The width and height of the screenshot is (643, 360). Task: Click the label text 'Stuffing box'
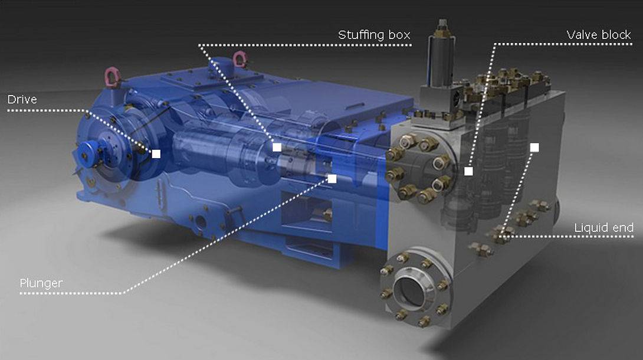point(374,35)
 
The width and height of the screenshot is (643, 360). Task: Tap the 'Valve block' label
point(599,35)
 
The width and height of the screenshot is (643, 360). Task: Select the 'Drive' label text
point(22,100)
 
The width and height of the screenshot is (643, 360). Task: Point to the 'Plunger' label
point(41,283)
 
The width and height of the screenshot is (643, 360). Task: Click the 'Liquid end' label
point(603,228)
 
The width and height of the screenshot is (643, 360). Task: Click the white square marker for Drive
point(156,154)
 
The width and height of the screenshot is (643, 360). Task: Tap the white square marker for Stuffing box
point(277,147)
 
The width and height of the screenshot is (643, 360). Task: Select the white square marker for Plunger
point(332,179)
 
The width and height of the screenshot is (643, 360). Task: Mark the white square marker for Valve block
point(468,171)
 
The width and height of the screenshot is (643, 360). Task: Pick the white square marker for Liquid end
point(534,148)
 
